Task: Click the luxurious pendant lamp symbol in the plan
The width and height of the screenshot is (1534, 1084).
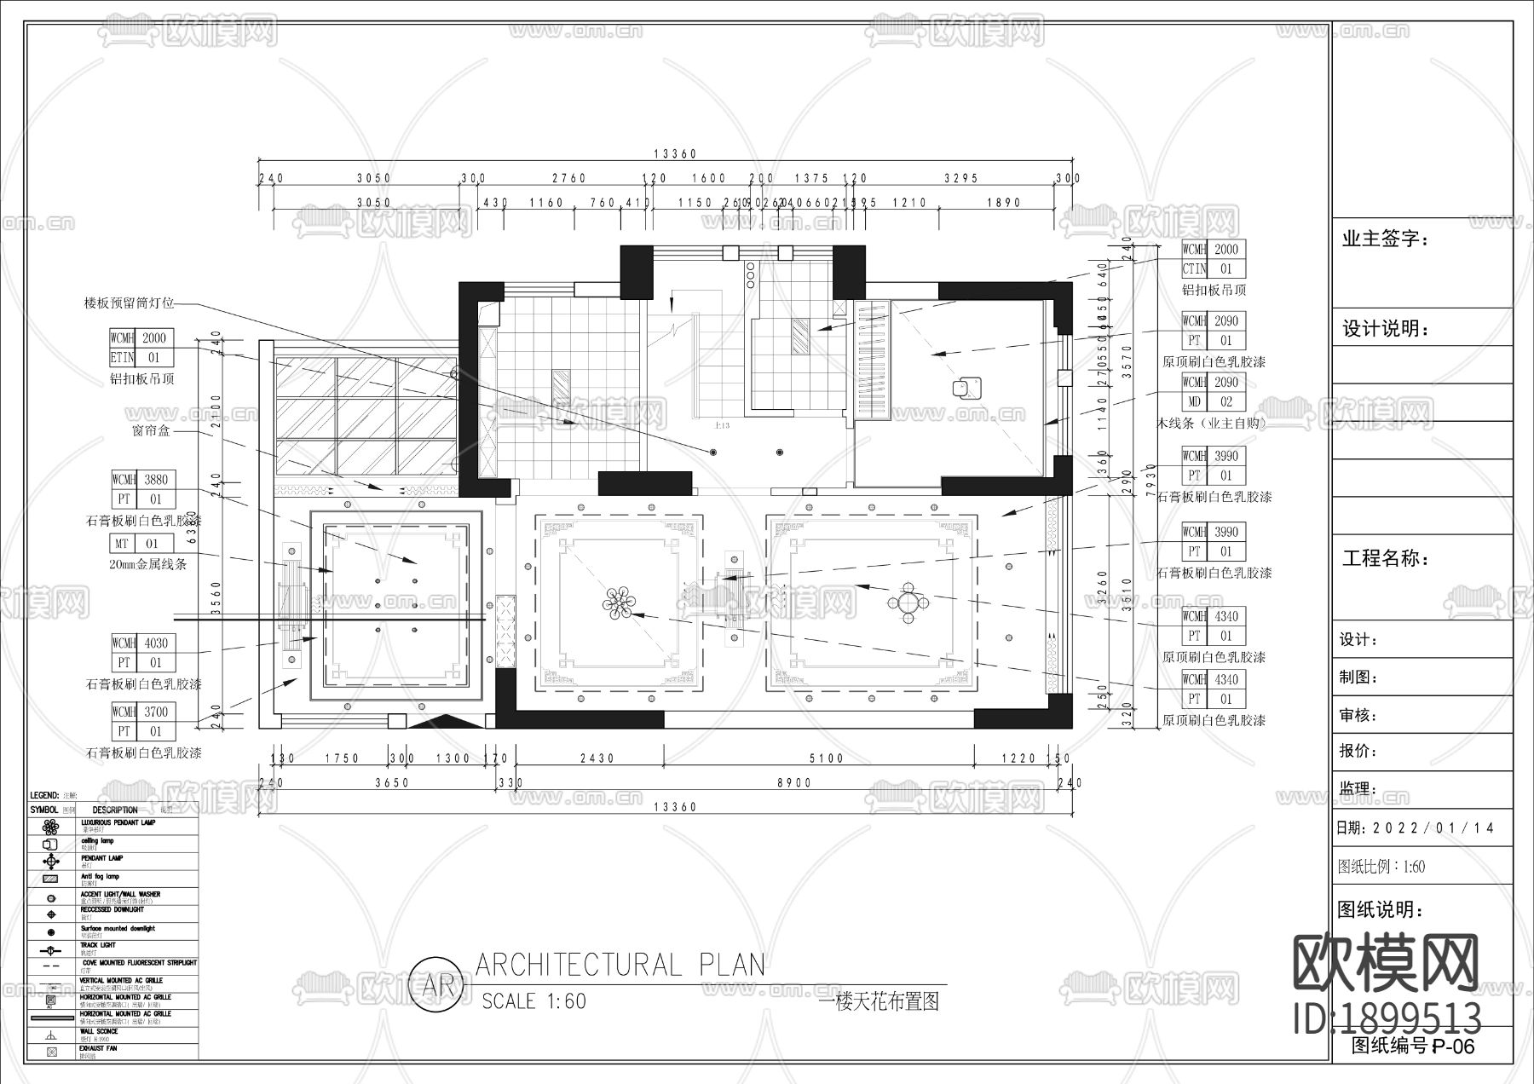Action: pos(620,603)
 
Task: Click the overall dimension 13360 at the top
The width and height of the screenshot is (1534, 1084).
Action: pos(675,154)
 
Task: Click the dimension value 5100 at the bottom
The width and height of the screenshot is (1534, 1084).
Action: pos(826,758)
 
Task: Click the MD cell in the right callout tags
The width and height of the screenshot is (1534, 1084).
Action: pos(1194,401)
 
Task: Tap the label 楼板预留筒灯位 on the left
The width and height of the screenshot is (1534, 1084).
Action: pos(129,303)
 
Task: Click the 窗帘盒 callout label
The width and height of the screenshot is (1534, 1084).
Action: pos(152,430)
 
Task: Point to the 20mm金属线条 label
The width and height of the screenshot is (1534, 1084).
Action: pos(148,564)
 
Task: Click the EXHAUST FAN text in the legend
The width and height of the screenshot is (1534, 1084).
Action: pos(100,1048)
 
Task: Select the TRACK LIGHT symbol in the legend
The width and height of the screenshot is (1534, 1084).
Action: pos(51,950)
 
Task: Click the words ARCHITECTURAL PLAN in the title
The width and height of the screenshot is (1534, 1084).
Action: pos(620,965)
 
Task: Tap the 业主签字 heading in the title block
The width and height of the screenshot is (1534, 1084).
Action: pos(1386,239)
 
